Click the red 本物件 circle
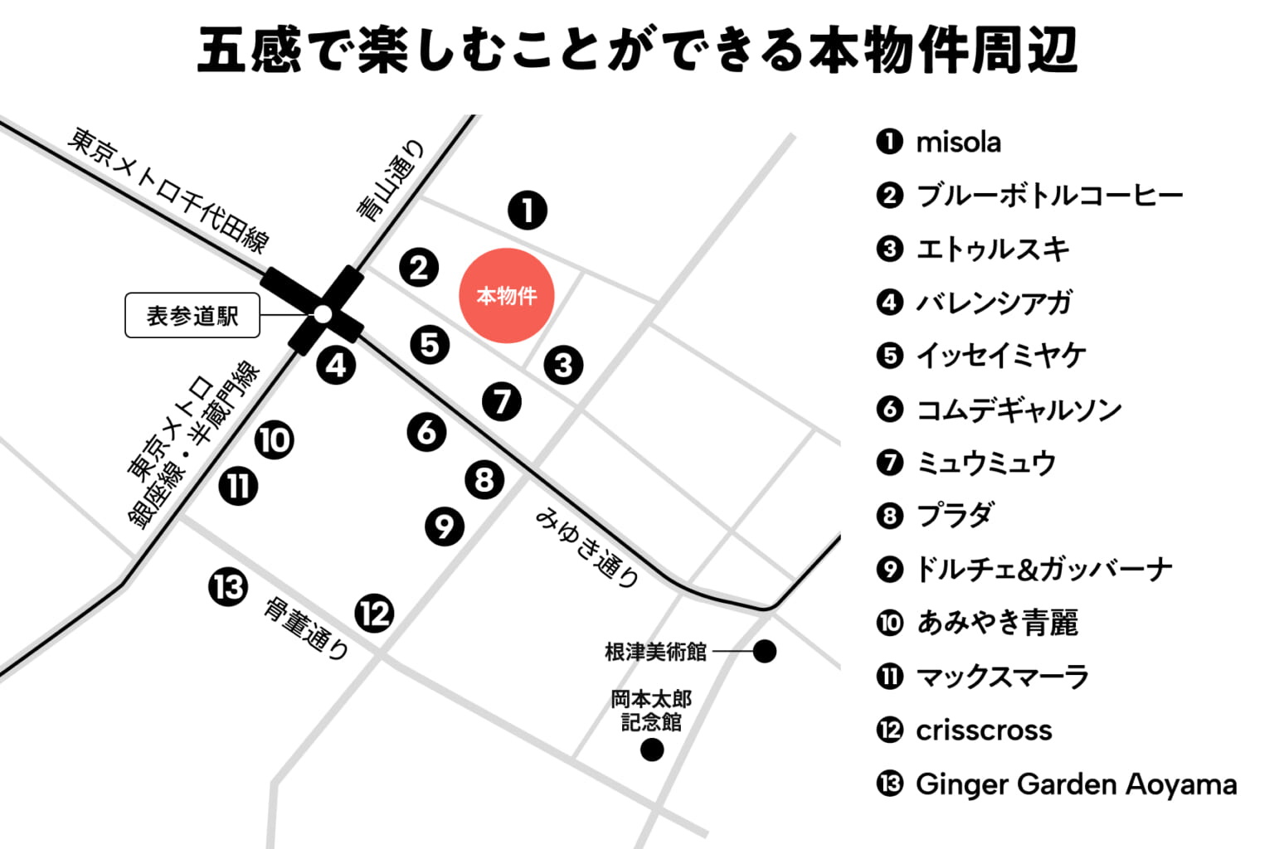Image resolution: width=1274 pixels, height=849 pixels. (506, 295)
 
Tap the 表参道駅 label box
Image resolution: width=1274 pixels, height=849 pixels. (192, 315)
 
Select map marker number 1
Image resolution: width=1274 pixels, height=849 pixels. (528, 210)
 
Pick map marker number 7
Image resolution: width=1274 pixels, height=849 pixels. (502, 401)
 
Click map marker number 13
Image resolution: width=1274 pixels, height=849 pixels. (227, 587)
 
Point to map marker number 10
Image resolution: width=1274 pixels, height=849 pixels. (274, 439)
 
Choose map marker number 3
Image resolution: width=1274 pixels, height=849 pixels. (563, 364)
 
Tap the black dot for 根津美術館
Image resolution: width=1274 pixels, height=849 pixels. (764, 651)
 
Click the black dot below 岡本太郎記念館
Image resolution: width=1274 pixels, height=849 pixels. (652, 750)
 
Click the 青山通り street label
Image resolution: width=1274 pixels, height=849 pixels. (391, 182)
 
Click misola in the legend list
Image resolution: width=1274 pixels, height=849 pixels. (957, 142)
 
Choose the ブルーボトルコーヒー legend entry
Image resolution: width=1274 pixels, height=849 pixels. (1048, 196)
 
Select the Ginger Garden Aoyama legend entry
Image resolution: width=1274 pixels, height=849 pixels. (1075, 784)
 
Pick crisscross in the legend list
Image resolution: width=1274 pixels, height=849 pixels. (983, 730)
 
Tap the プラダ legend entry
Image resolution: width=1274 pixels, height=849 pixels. (954, 516)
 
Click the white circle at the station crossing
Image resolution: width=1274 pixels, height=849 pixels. (323, 314)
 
